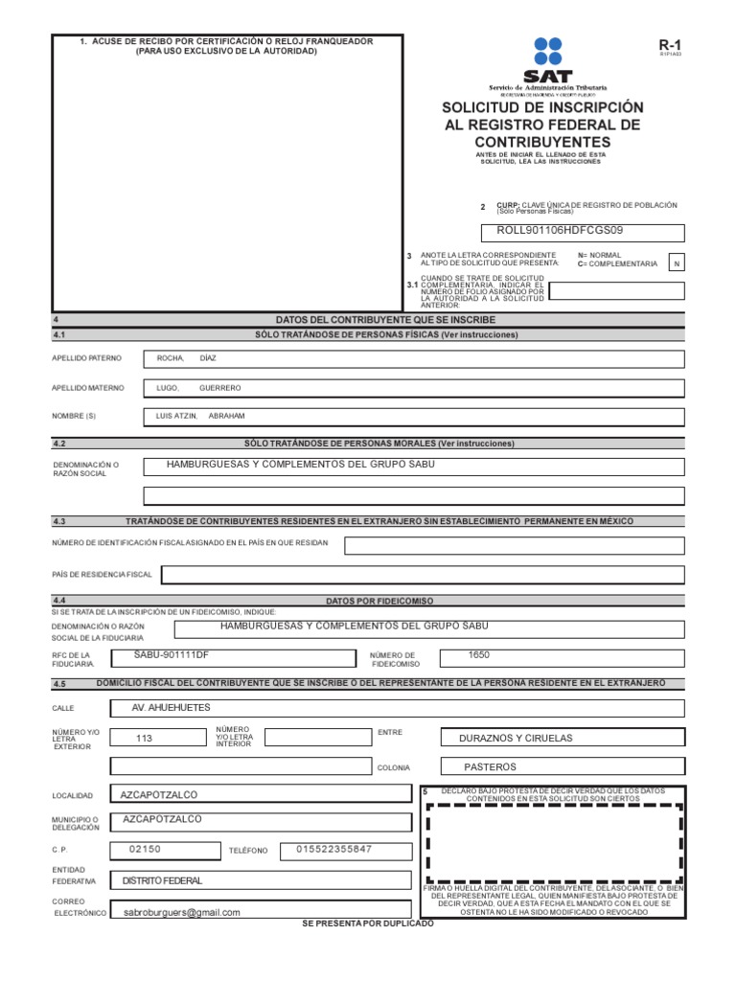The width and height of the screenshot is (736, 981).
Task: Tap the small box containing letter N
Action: coord(677,263)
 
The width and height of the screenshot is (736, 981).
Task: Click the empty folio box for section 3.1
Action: coord(617,291)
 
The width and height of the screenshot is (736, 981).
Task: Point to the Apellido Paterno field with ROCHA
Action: coord(413,359)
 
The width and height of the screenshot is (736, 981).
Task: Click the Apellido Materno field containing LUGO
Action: coord(413,388)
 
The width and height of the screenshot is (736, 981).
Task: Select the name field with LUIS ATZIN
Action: coord(413,417)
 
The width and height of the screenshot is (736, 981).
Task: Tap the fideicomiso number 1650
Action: coord(479,654)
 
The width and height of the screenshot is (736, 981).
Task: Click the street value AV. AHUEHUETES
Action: coord(172,707)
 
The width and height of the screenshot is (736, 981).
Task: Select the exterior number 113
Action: coord(145,738)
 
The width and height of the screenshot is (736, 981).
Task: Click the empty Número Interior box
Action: coord(317,737)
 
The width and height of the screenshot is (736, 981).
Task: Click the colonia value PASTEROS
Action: coord(490,766)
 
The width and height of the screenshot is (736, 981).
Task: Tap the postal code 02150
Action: coord(145,850)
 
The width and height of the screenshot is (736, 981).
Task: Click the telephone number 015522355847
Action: coord(334,850)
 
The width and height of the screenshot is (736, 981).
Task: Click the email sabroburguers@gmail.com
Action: coord(182,913)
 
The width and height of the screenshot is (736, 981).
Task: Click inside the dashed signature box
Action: coord(554,843)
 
